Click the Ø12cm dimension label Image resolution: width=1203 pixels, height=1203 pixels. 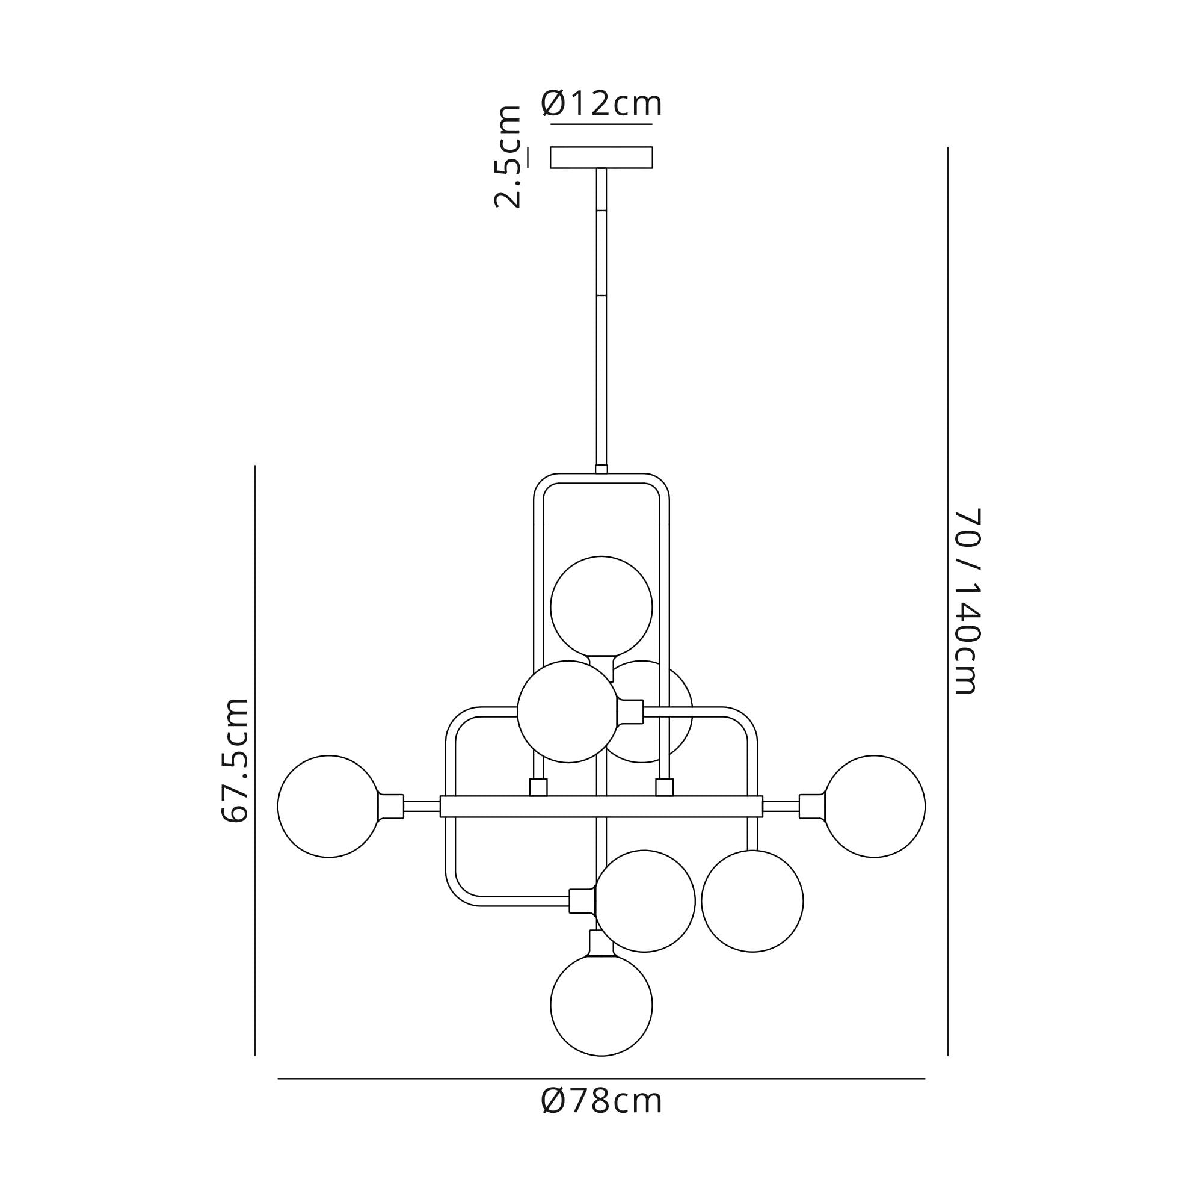click(x=601, y=103)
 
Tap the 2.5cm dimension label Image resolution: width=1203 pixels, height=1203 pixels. click(x=508, y=157)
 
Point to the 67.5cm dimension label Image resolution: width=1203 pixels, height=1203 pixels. click(x=235, y=760)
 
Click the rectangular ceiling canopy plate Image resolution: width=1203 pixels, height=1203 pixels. click(x=601, y=158)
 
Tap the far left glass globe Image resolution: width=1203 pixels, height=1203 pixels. click(x=329, y=807)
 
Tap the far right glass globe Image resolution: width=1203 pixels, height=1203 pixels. click(x=874, y=807)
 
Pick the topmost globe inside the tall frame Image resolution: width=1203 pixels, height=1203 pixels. click(x=601, y=607)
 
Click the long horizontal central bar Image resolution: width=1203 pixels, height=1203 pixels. click(x=601, y=807)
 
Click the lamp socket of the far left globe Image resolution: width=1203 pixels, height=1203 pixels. click(x=391, y=807)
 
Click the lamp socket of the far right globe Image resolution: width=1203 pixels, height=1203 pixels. click(x=812, y=807)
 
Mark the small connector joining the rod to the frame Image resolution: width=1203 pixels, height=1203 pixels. click(x=601, y=469)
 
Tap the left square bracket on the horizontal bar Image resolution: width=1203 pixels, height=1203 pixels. click(x=538, y=788)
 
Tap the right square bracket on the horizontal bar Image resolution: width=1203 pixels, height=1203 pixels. click(x=665, y=788)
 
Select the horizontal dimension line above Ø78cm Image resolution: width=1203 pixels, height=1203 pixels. click(x=601, y=1078)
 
